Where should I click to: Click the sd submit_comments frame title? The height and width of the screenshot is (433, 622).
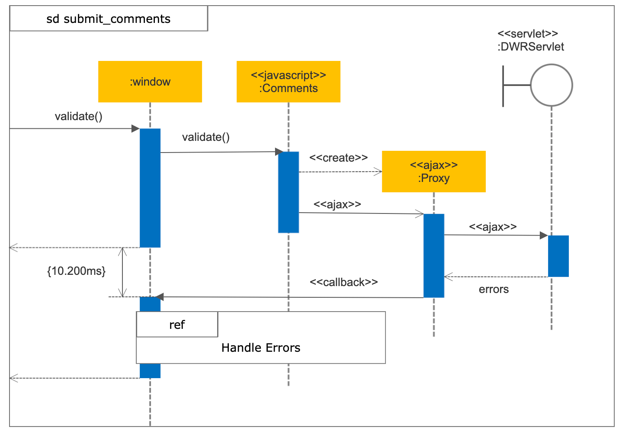(108, 19)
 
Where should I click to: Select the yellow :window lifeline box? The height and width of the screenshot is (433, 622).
(150, 82)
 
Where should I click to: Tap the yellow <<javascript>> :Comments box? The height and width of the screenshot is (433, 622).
(288, 82)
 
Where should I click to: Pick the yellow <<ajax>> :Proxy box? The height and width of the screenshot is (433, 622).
(433, 172)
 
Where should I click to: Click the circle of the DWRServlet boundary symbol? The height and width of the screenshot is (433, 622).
(551, 85)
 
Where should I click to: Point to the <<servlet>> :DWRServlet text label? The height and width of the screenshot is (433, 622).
(530, 40)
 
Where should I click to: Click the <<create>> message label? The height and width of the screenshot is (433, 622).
(338, 158)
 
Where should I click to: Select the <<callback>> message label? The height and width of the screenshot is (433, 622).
(343, 282)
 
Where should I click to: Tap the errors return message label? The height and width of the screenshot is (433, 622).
(494, 290)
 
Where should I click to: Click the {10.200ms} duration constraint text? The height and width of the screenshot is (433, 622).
(76, 271)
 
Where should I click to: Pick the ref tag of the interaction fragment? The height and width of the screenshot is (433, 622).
(177, 325)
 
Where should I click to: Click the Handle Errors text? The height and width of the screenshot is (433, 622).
(260, 348)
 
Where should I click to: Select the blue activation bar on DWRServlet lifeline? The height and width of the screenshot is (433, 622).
(558, 256)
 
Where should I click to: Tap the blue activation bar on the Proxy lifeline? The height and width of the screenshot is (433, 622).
(433, 255)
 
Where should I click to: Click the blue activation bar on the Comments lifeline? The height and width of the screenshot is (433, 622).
(288, 192)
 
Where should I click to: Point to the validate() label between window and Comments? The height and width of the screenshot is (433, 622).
(205, 137)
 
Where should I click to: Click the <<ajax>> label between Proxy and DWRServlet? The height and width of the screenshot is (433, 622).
(493, 227)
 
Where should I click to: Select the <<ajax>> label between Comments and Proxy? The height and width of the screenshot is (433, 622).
(337, 204)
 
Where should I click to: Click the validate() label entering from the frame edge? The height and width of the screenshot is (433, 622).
(78, 116)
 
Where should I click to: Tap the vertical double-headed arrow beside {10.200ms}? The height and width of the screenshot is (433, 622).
(123, 272)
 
